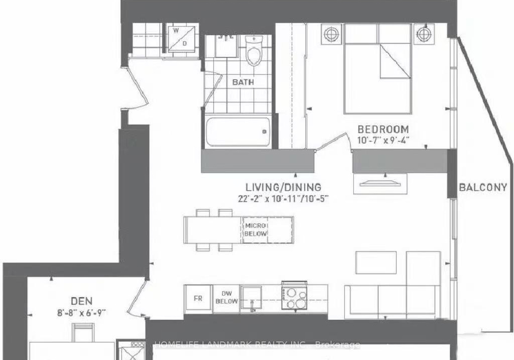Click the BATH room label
coord(243,82)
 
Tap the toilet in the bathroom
coord(254,51)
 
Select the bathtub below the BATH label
coord(238,131)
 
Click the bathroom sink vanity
coord(226,47)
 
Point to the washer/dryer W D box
coord(182,39)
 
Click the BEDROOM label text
coord(383,129)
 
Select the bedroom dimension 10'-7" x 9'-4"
coord(383,140)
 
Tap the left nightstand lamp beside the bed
coord(330,34)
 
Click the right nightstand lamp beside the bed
coord(424,34)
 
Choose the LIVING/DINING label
coord(284,187)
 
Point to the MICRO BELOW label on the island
coord(256,229)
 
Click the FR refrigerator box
coord(198,299)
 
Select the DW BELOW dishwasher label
coord(226,298)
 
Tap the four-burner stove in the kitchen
coord(294,295)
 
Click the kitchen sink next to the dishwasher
coord(251,297)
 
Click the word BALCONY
coord(483,187)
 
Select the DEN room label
coord(81,301)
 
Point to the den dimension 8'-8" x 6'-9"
coord(81,313)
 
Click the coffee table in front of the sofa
coord(376,262)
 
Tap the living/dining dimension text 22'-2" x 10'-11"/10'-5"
coord(284,199)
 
